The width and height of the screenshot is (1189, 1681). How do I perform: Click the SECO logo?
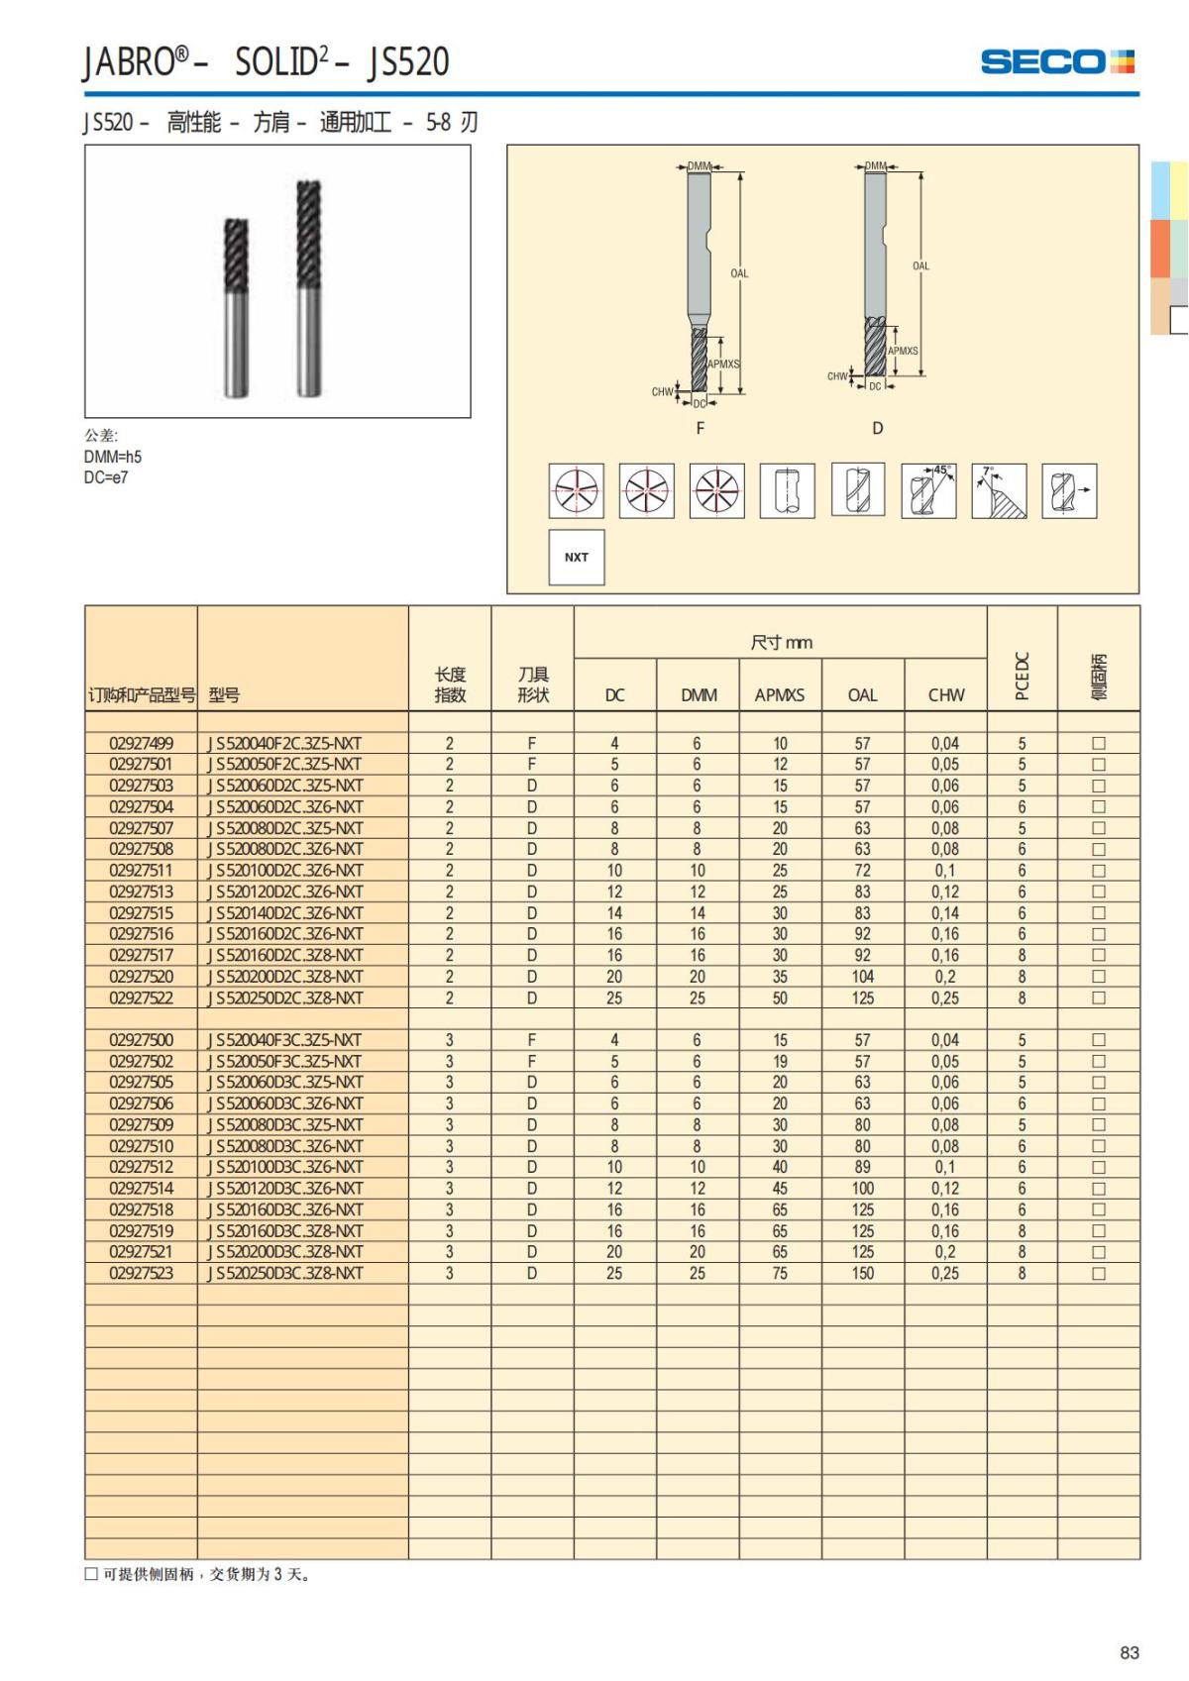pos(1056,62)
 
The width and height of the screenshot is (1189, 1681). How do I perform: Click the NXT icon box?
pos(577,558)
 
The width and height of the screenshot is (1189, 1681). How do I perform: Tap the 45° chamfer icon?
pos(928,490)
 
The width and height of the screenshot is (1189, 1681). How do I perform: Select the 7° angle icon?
pos(999,490)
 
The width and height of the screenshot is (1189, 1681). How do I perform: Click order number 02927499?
pos(141,743)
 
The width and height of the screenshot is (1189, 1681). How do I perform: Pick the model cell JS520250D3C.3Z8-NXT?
pos(285,1273)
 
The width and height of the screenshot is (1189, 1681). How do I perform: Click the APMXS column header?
pos(780,695)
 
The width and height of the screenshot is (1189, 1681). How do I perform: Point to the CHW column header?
pos(945,695)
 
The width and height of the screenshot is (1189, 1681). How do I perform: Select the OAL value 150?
pos(863,1273)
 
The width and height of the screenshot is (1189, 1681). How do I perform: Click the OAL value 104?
pos(863,977)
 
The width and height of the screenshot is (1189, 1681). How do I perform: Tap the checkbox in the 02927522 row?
pos(1098,998)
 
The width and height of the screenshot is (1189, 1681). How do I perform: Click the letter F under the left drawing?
pos(701,428)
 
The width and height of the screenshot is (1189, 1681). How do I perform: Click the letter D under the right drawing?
pos(877,428)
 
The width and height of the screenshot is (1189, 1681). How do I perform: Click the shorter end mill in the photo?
pos(236,307)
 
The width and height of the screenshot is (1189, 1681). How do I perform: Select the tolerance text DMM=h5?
pos(113,457)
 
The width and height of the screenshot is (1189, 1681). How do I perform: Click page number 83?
pos(1129,1652)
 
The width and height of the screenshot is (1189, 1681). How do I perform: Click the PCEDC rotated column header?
pos(1023,676)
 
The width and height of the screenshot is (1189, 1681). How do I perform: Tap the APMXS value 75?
pos(780,1273)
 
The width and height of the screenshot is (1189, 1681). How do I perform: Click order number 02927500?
pos(141,1040)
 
